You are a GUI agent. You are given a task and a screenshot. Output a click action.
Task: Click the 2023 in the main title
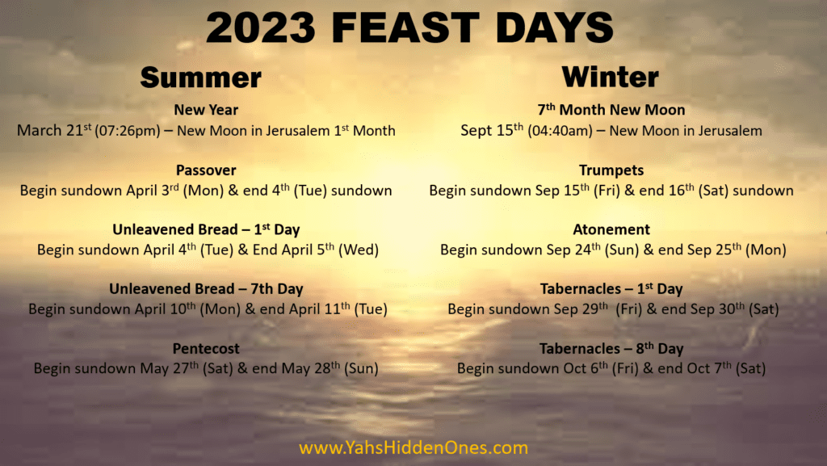coord(261,27)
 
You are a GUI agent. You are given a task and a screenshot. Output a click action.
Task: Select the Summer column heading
coord(200,78)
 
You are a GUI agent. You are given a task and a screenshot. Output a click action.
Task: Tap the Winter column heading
coord(611,77)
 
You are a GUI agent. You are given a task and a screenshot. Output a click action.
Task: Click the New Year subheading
coord(206,110)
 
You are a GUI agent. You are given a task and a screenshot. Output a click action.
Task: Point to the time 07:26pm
coord(127,131)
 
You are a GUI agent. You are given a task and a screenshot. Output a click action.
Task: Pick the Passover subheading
coord(206,170)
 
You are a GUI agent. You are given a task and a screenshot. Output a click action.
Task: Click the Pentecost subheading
coord(206,348)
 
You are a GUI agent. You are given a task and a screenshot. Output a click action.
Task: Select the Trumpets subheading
coord(611,170)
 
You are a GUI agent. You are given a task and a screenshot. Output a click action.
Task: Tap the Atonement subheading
coord(611,229)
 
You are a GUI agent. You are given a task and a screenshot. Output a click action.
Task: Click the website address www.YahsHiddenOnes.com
coord(413,447)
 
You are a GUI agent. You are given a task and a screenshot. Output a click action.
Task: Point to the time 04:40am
coord(560,131)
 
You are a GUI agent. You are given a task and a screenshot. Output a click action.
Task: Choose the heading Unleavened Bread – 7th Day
coord(206,289)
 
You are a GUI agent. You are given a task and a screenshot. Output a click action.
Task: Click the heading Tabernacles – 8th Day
coord(611,348)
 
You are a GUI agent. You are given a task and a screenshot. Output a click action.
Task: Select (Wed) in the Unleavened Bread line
coord(358,250)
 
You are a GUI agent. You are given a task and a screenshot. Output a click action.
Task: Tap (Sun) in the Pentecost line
coord(361,368)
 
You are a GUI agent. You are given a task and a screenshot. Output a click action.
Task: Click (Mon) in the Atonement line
coord(766,250)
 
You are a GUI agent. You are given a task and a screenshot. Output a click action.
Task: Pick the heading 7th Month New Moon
coord(611,109)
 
